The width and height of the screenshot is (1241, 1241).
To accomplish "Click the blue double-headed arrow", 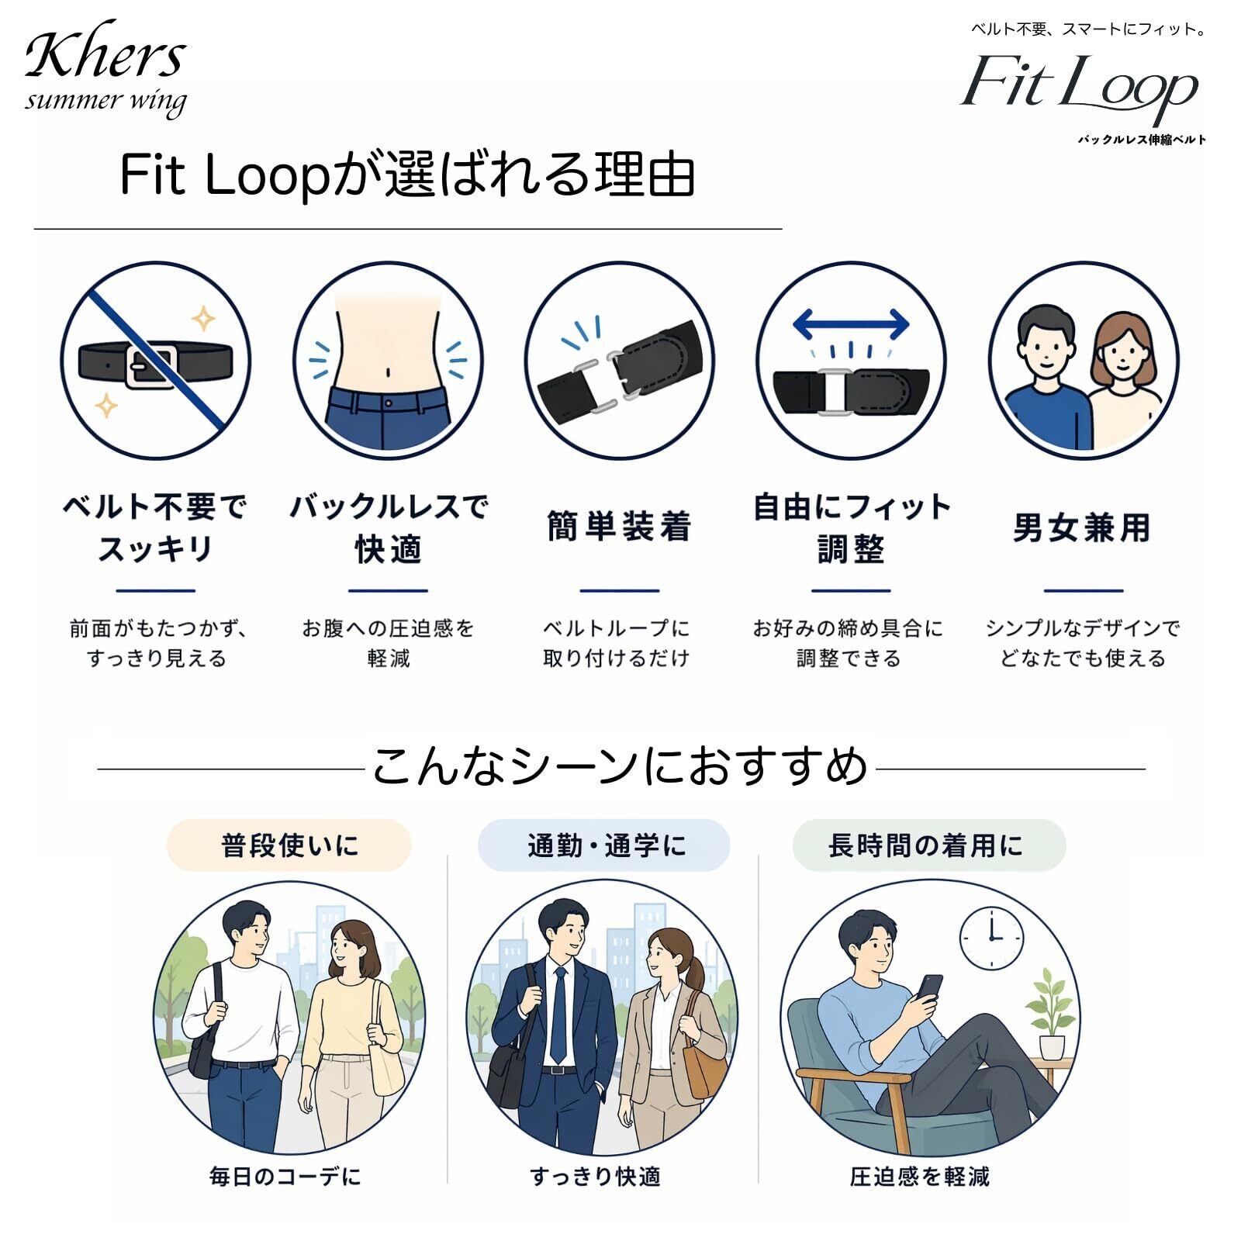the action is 851,324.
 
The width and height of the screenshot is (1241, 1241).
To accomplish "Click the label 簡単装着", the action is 619,527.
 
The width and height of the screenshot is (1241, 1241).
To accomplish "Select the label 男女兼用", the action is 1082,527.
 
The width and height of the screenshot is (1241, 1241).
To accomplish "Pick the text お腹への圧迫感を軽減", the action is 388,642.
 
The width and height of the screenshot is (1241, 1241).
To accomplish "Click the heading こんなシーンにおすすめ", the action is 620,766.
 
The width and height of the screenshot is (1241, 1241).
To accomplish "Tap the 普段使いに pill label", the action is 289,845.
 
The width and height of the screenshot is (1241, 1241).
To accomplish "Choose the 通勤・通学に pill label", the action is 604,845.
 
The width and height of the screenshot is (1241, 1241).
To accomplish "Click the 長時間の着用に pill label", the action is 929,845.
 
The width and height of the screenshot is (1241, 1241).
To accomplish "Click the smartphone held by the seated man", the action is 930,988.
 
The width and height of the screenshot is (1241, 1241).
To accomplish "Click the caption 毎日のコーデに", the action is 285,1177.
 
